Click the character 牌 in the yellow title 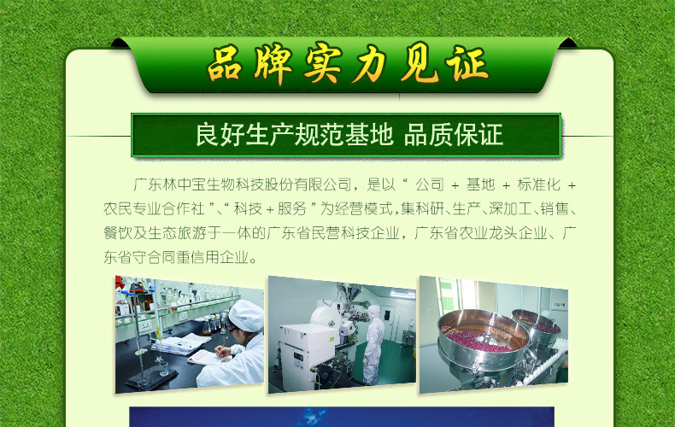(x=273, y=64)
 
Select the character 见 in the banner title (x=420, y=64)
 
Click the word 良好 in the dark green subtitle (x=220, y=135)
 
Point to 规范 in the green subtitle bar (x=320, y=135)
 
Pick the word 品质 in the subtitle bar (x=428, y=135)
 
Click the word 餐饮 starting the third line (x=118, y=233)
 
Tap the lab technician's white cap (x=246, y=315)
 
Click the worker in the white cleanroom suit (x=373, y=344)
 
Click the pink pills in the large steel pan (x=478, y=339)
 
